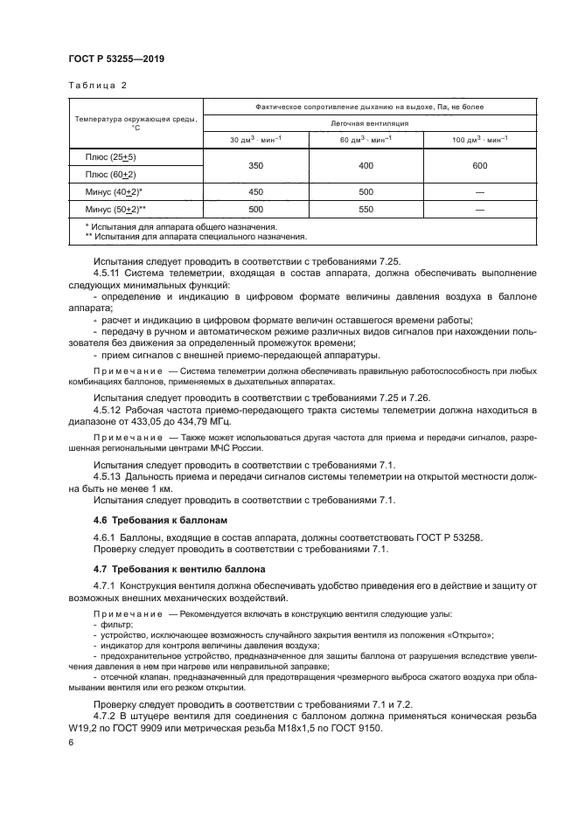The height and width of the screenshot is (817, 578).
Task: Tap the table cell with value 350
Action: [255, 164]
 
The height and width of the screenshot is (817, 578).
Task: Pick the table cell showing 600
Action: [478, 164]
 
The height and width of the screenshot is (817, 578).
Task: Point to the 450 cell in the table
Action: [255, 192]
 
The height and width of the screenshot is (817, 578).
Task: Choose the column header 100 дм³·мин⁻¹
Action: [478, 139]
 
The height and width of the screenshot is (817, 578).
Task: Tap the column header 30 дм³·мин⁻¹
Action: [255, 139]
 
